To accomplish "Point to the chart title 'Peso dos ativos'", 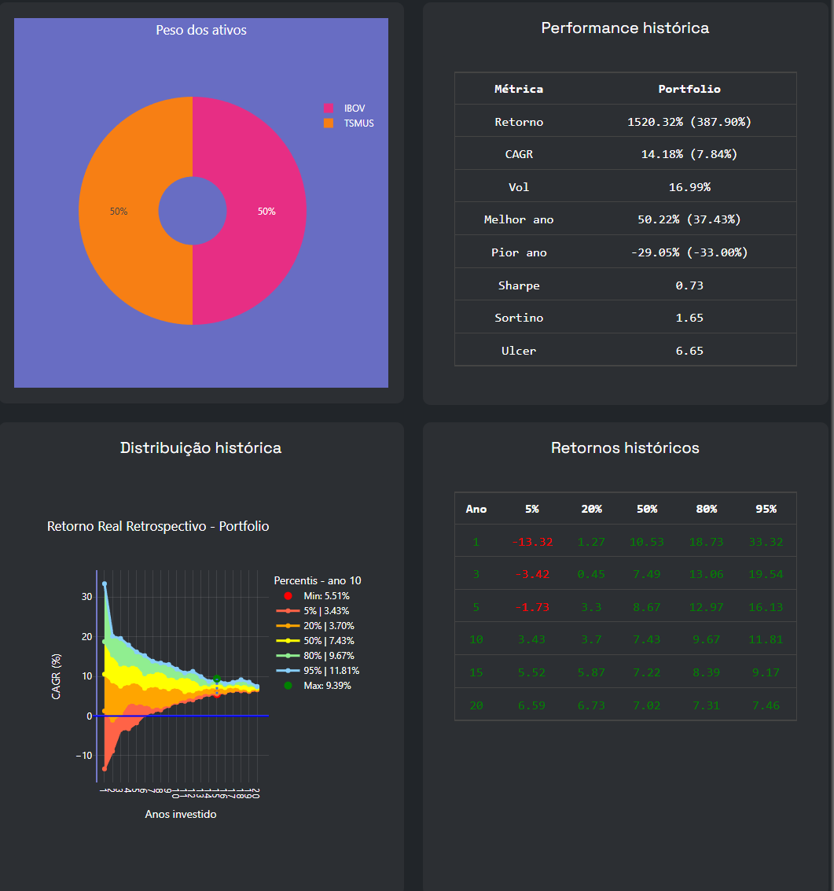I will (x=201, y=30).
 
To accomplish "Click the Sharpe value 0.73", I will (x=689, y=285).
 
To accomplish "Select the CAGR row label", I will (x=519, y=154).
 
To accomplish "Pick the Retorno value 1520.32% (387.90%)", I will (x=689, y=122).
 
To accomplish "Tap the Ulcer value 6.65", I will (x=689, y=351).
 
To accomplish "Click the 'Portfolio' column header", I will (x=689, y=89).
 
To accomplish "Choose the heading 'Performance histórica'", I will (x=625, y=28).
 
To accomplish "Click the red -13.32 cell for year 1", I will (x=532, y=542).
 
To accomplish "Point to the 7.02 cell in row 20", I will (x=647, y=705).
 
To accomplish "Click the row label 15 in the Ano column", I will (x=476, y=672).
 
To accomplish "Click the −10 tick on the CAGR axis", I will (x=83, y=756).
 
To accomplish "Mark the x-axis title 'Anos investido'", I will (x=181, y=815).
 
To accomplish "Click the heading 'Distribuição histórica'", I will (x=200, y=448).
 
